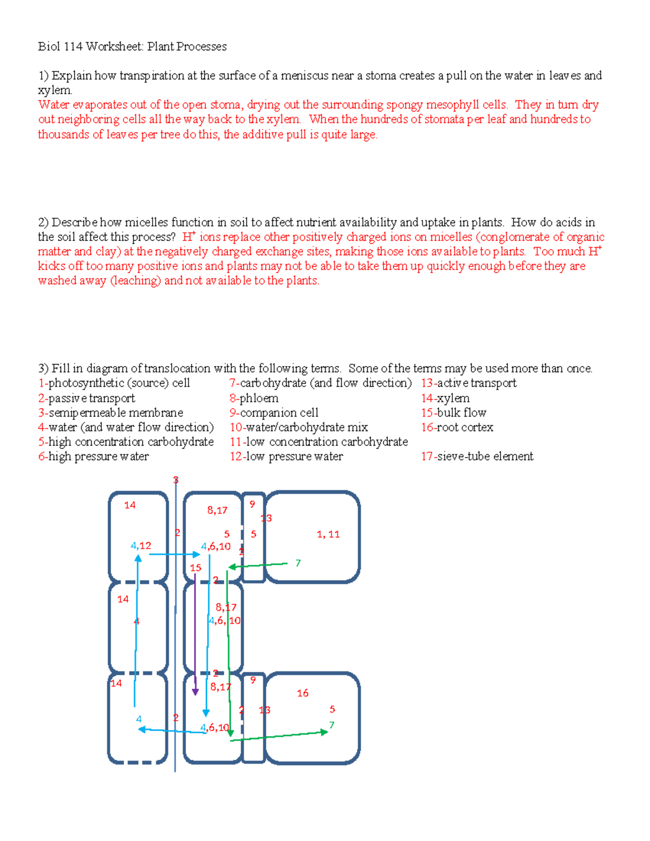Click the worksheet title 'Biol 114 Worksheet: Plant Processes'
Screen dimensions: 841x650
[132, 47]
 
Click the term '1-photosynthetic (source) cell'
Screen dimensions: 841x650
[114, 383]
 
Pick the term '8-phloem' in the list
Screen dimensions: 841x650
[253, 399]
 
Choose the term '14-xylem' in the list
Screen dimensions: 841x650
[445, 399]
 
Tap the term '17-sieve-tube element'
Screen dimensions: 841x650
[477, 457]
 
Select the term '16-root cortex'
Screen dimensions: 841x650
[457, 428]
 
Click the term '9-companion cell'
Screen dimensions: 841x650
[274, 413]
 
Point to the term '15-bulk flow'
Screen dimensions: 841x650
[453, 413]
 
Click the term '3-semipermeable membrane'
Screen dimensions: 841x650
[110, 413]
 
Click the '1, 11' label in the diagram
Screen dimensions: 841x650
[328, 534]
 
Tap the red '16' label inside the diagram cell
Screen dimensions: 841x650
[302, 693]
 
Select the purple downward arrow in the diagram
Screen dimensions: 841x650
[195, 634]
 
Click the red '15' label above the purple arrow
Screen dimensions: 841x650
[195, 568]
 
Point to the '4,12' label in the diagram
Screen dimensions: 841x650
[141, 546]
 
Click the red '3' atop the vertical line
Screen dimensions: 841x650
[175, 480]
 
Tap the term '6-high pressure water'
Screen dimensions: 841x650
[93, 457]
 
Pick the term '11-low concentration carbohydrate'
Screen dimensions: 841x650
[318, 442]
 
